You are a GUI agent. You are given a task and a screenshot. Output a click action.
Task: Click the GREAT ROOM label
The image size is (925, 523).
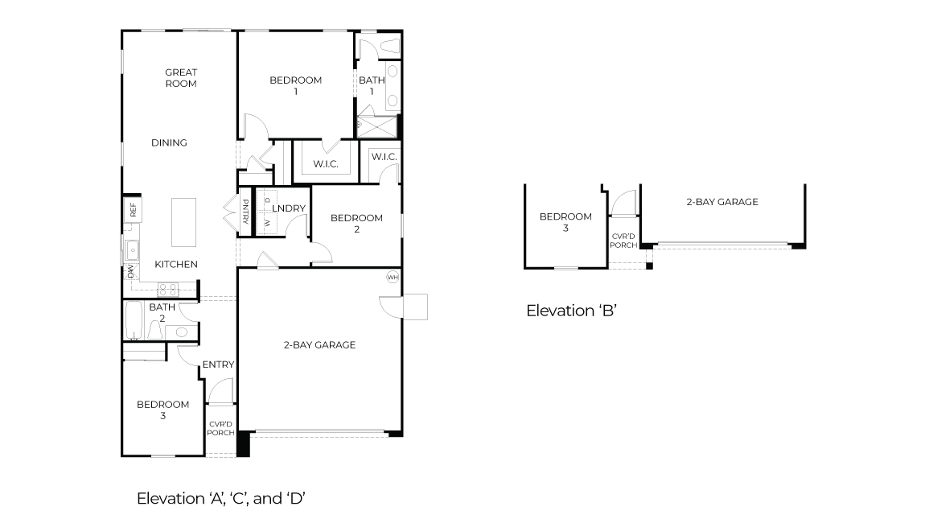tap(181, 77)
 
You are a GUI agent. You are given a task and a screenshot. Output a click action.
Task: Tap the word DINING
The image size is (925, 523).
tap(169, 143)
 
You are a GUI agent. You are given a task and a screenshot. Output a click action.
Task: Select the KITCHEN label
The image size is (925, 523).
tap(176, 264)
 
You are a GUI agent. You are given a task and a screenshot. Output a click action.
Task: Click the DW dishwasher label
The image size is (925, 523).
tap(130, 272)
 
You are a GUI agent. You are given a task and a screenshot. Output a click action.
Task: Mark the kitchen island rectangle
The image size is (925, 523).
tap(184, 222)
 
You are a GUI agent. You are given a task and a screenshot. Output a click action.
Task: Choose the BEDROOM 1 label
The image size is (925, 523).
tap(295, 85)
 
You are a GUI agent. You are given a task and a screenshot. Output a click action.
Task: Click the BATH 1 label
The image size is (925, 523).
tap(372, 85)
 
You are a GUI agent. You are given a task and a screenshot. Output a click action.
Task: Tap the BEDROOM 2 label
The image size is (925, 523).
tap(356, 223)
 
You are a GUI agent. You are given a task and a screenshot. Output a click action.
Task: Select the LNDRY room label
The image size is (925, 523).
tap(289, 208)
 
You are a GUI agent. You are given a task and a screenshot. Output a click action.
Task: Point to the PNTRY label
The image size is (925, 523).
tap(245, 212)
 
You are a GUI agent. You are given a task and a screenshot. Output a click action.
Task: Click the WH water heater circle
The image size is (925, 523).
tap(393, 277)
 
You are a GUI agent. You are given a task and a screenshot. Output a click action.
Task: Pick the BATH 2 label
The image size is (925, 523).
tap(162, 312)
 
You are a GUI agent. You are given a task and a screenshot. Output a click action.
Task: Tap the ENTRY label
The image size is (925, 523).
tap(218, 364)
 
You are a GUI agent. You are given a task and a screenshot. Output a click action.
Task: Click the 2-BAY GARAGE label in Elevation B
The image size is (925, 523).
tap(721, 202)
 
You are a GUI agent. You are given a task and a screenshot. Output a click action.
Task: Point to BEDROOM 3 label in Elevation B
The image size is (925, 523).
tap(565, 221)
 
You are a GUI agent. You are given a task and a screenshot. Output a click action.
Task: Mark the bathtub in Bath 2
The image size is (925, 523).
tap(134, 322)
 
